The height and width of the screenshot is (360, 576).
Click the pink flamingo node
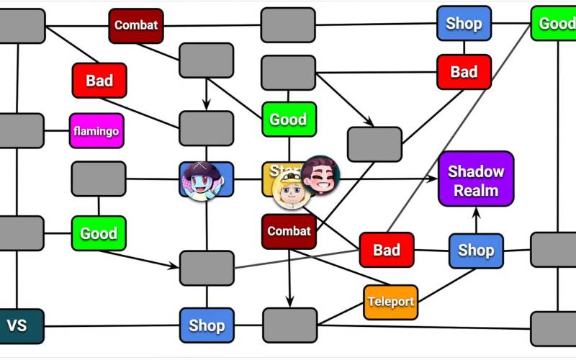tap(96, 131)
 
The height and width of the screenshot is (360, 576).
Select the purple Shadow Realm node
tap(476, 179)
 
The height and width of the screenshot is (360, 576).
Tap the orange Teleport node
tap(390, 302)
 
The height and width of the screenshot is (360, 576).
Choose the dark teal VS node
tap(17, 325)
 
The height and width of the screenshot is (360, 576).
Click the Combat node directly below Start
tap(289, 231)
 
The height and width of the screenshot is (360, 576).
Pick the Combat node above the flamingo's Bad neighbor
tap(135, 25)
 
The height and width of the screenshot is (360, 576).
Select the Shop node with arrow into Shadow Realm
tap(476, 251)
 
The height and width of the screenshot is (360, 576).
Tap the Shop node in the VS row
tap(207, 325)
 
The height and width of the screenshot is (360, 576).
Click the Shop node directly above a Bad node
tap(464, 24)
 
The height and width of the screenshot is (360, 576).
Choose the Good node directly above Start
tap(289, 120)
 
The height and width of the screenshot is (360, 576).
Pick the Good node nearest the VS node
tap(99, 233)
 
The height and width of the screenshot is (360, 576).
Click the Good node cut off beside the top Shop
tap(555, 24)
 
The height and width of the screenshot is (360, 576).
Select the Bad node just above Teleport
tap(387, 251)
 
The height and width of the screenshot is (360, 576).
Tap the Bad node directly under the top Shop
tap(464, 72)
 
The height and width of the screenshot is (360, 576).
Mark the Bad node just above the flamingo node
tap(99, 80)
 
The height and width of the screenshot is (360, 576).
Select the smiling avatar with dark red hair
tap(320, 175)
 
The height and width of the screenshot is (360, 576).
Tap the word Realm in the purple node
tap(476, 191)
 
